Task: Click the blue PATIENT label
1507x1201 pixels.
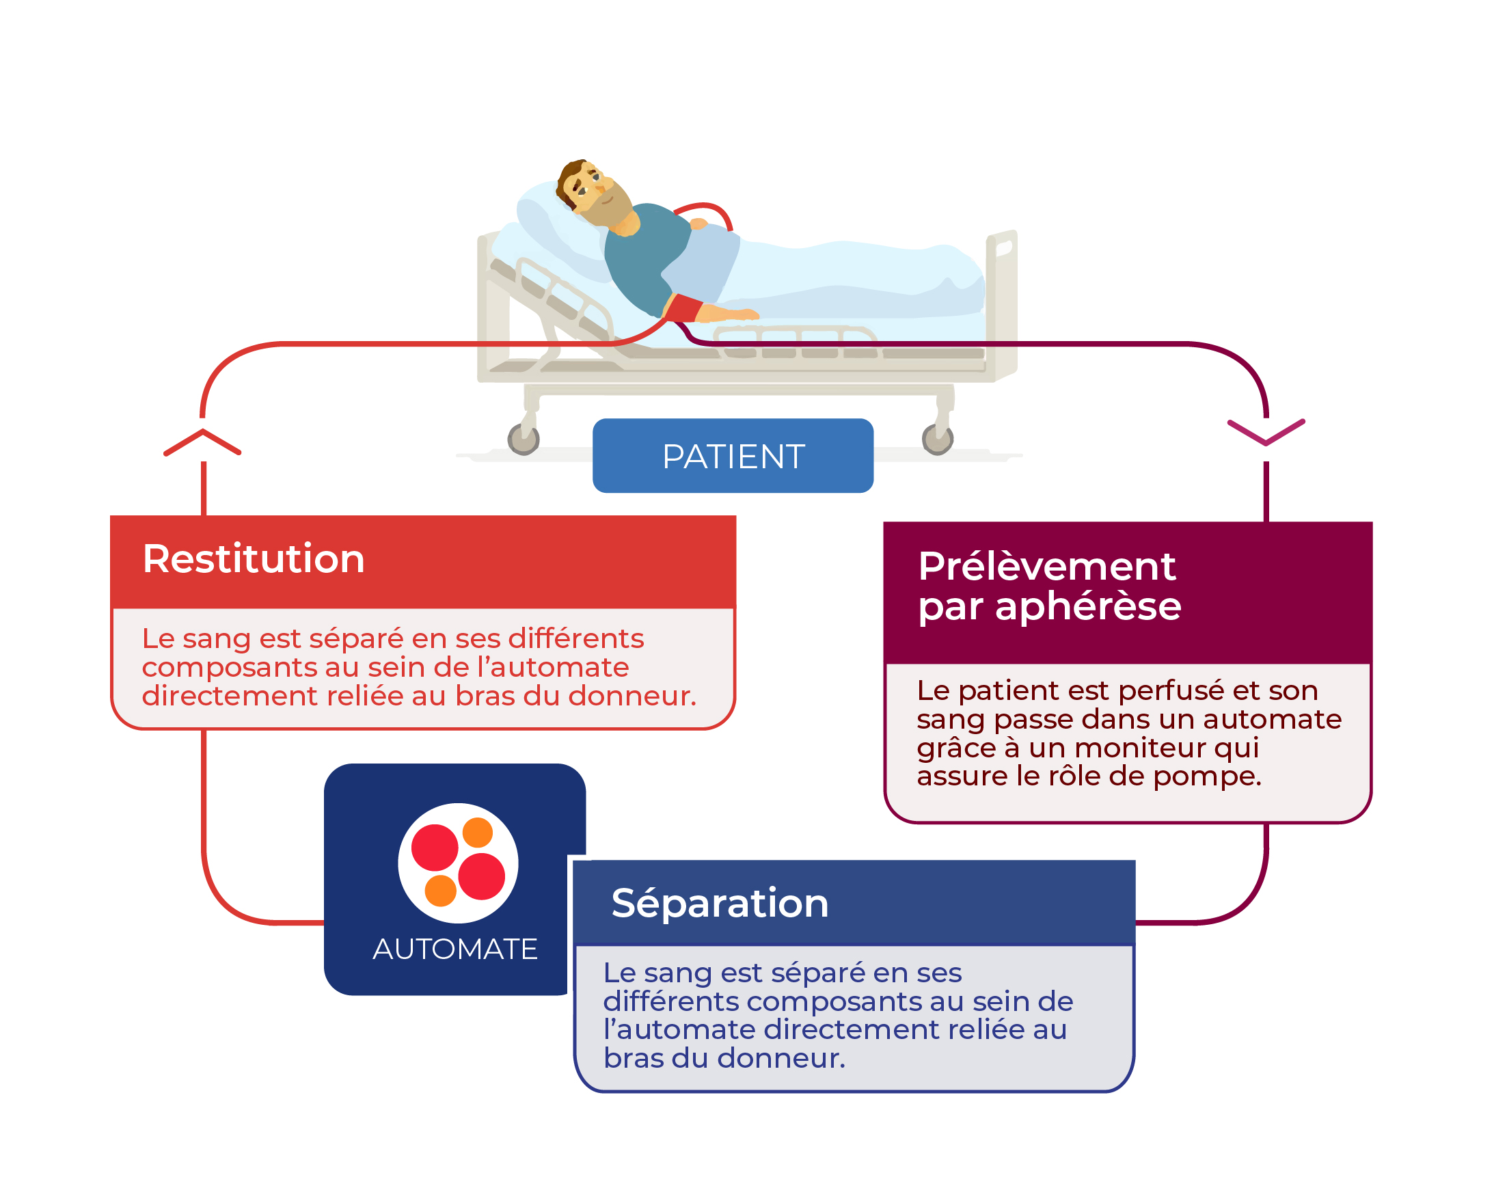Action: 733,456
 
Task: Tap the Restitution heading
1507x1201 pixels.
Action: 254,558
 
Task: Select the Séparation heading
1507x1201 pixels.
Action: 720,903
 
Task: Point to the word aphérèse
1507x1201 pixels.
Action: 1088,606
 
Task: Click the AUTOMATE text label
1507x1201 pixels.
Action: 455,949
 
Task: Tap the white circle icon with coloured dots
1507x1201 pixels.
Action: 458,863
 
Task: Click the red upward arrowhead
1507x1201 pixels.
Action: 202,442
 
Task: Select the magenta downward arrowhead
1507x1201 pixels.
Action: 1266,432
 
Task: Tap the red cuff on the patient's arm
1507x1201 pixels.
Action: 683,308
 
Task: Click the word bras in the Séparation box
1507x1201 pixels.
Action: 634,1058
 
